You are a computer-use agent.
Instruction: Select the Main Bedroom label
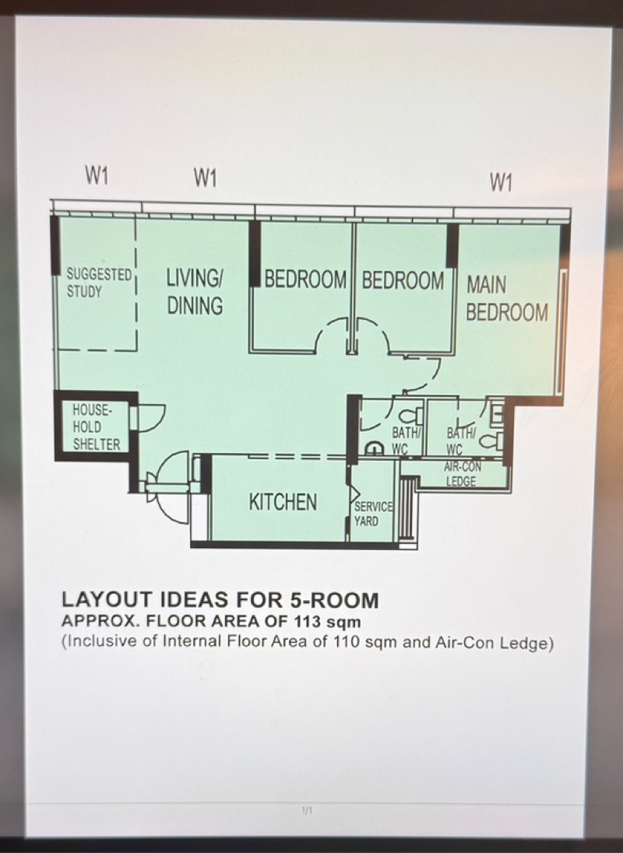(507, 299)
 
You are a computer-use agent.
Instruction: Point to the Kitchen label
(283, 501)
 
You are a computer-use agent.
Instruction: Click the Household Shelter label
(97, 427)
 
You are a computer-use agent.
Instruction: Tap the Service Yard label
(373, 514)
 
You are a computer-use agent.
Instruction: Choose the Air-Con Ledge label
(463, 474)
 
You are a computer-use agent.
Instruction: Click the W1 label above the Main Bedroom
(501, 182)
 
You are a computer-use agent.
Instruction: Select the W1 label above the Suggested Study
(97, 176)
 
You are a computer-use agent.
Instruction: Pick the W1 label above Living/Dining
(205, 178)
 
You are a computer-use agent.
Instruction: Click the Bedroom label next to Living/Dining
(305, 279)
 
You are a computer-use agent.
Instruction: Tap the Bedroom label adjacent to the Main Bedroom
(403, 281)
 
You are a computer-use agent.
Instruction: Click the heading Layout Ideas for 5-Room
(220, 599)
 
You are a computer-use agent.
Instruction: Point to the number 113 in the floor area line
(306, 621)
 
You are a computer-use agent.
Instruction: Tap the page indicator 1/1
(307, 810)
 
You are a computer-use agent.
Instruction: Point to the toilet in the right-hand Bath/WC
(492, 441)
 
